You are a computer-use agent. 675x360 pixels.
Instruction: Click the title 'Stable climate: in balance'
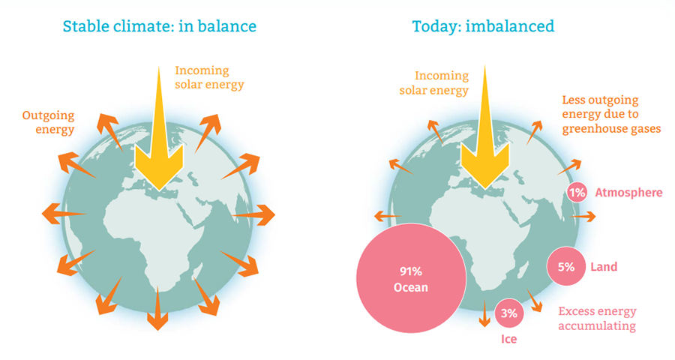tap(160, 26)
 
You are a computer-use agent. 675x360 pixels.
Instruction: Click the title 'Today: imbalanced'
tap(483, 26)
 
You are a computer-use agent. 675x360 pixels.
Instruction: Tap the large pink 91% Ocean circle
tap(411, 278)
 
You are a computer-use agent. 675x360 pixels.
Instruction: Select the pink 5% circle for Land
tap(566, 266)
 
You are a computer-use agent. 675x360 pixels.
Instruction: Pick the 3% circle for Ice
tap(509, 313)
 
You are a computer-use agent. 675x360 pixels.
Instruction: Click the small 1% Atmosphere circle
tap(577, 193)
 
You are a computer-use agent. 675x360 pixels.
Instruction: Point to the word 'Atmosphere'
tap(628, 193)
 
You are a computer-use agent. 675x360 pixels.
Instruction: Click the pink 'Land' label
tap(604, 267)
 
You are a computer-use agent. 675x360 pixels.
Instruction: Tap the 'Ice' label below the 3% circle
tap(508, 339)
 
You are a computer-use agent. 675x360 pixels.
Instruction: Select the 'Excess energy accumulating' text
tap(597, 319)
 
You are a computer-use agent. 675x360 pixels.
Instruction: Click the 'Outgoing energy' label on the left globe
tap(48, 122)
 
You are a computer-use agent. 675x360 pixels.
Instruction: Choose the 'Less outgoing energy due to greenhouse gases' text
tap(611, 114)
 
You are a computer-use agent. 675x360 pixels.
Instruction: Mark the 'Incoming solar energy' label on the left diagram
tap(209, 77)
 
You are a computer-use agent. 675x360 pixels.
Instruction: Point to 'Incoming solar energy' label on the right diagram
tap(434, 83)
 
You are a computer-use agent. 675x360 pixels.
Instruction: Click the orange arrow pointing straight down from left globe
tap(157, 308)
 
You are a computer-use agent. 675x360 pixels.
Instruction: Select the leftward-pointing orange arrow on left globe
tap(64, 214)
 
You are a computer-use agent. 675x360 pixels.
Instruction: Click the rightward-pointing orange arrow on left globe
tap(253, 215)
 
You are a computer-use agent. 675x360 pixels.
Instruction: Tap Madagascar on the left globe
tap(197, 272)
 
